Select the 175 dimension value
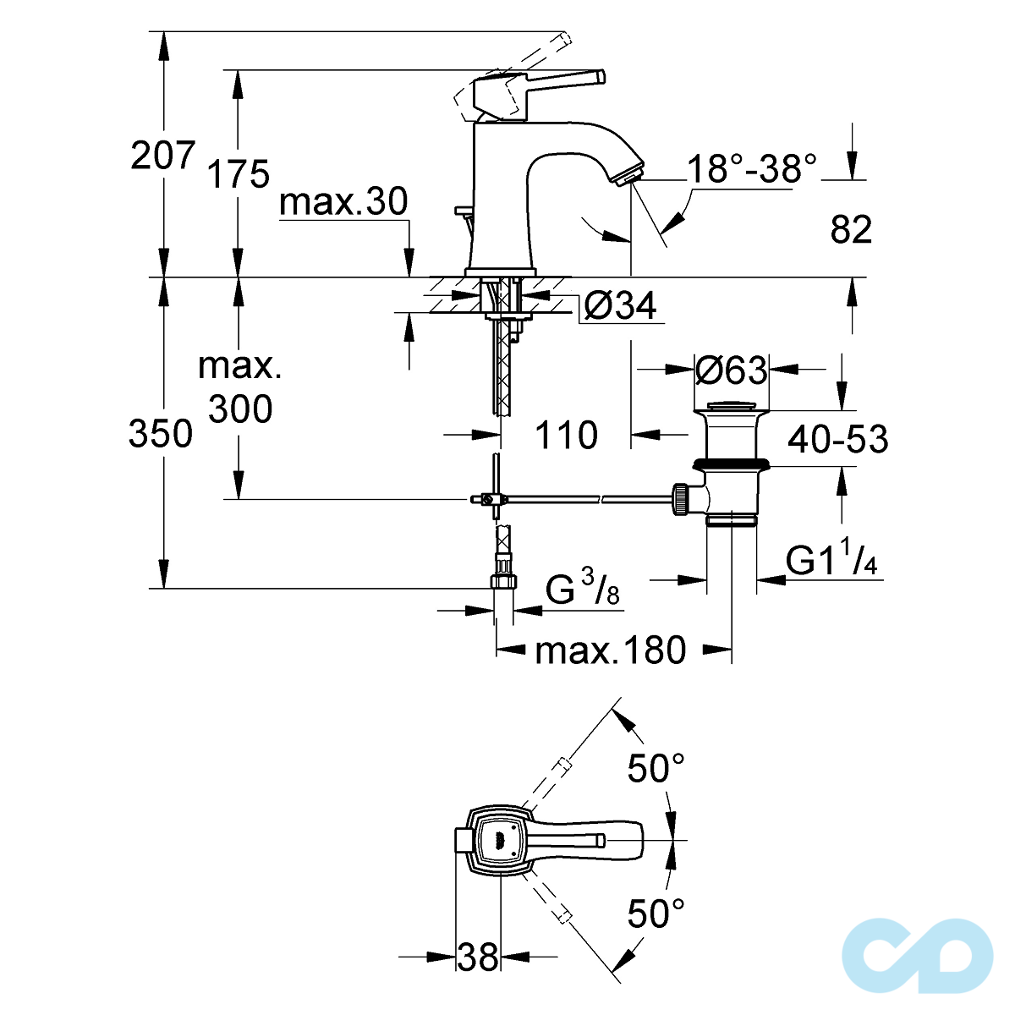[x=239, y=173]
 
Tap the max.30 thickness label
[x=343, y=202]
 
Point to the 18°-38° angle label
[x=751, y=169]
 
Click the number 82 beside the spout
[x=850, y=230]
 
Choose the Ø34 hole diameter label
[x=620, y=306]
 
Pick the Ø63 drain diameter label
[x=731, y=370]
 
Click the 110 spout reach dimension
[x=566, y=436]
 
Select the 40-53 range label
[x=837, y=439]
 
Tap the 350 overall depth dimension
[x=161, y=434]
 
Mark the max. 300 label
[x=240, y=388]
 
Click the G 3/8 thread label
[x=582, y=590]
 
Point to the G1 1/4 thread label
[x=832, y=561]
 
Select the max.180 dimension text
[x=610, y=650]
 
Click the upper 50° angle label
[x=656, y=769]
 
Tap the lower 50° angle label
[x=656, y=913]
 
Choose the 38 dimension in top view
[x=478, y=957]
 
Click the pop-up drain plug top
[x=732, y=407]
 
